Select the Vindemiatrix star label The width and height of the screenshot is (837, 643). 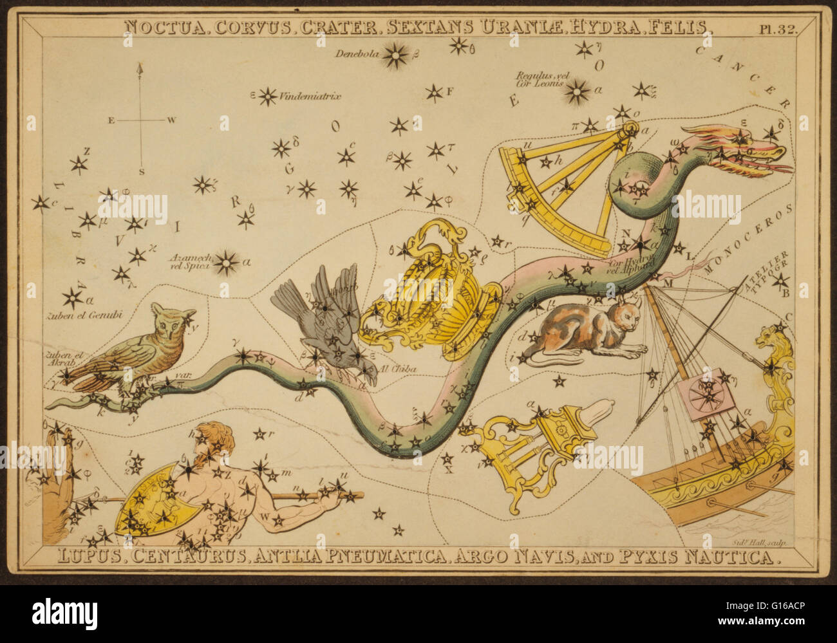coord(310,97)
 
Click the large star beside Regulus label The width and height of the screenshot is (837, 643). coord(578,93)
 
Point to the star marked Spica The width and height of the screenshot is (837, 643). coord(225,262)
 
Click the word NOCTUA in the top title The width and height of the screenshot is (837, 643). coord(159,26)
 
